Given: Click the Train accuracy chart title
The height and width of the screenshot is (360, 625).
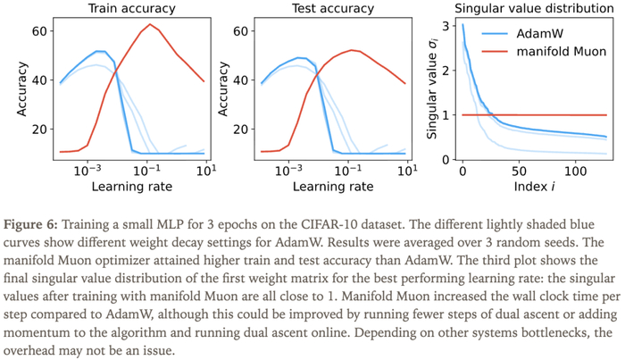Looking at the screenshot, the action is [x=131, y=8].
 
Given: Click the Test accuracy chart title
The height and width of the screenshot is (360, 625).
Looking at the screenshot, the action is [x=333, y=8].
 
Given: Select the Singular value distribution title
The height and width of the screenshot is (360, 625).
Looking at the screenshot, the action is [x=534, y=8].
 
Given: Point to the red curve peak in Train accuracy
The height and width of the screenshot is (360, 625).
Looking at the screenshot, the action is [x=150, y=24].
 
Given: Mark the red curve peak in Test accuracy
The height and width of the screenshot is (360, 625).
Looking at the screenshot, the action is [x=352, y=50].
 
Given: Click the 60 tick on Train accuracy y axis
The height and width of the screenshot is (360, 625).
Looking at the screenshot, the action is [x=39, y=31].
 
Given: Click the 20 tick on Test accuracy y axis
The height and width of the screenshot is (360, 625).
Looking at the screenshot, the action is [x=241, y=130].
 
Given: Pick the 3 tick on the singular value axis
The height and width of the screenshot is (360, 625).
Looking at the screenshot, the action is [x=446, y=26].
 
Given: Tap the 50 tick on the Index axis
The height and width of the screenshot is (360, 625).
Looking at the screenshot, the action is [x=519, y=172].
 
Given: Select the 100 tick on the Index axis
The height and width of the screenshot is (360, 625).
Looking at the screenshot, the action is [x=576, y=172].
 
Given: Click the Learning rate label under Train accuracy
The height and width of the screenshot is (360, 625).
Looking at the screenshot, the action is [x=132, y=187].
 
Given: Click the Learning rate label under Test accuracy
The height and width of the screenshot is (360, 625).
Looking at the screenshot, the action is [x=333, y=187].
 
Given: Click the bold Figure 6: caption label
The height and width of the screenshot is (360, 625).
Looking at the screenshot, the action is [x=30, y=224].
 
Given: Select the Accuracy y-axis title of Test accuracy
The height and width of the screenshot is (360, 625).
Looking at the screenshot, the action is [x=223, y=89].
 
